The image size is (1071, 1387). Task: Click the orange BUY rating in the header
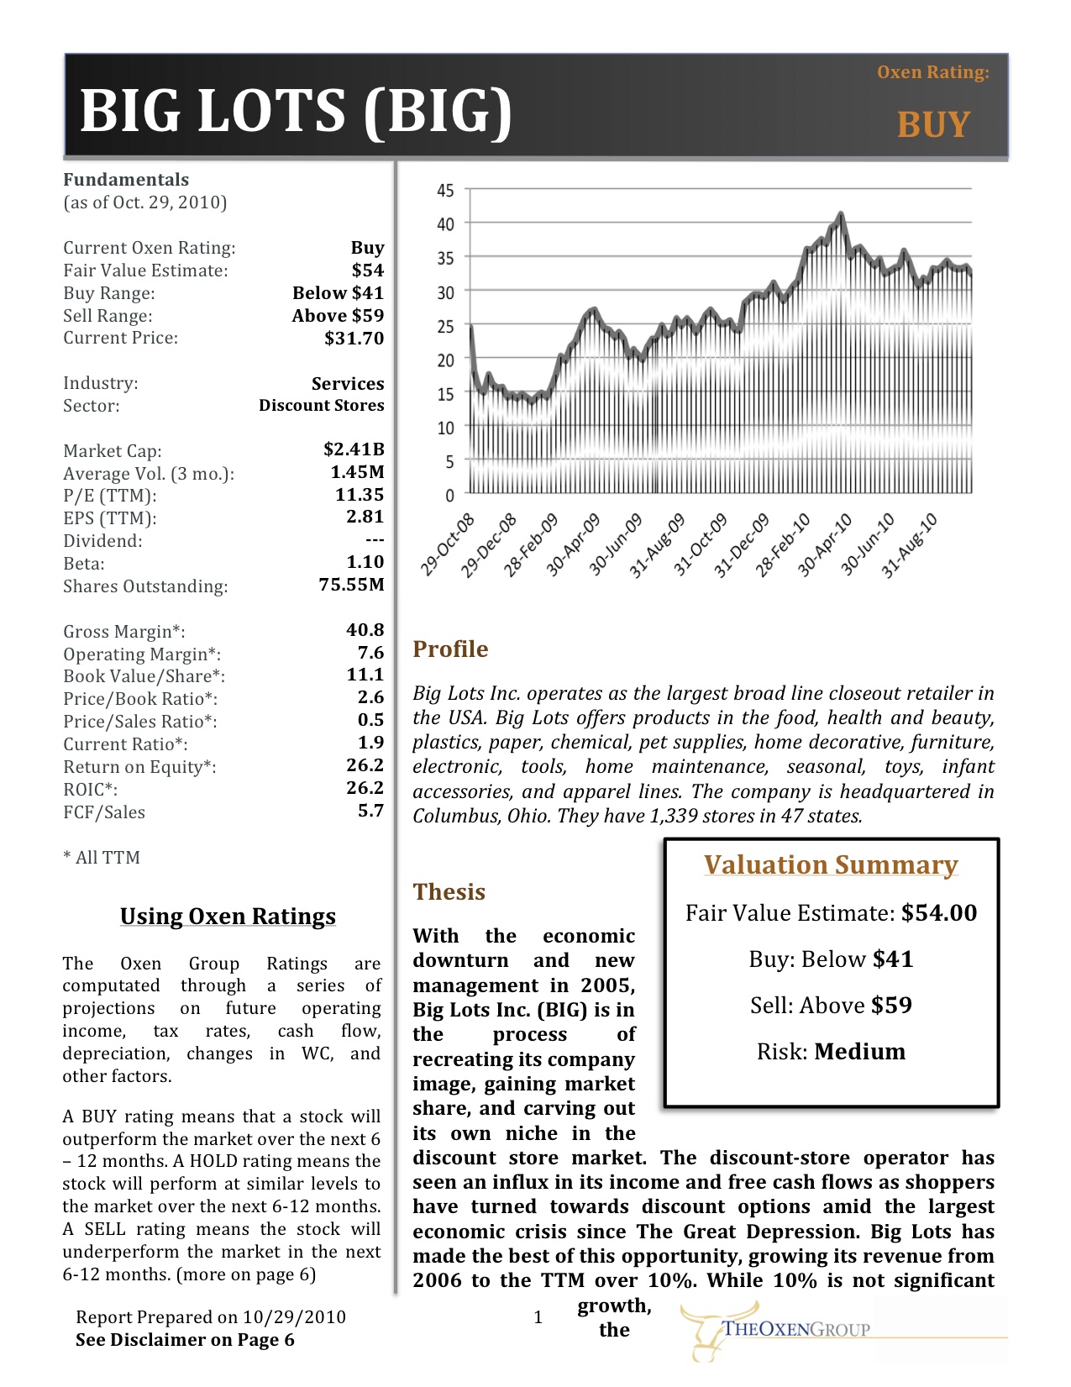coord(933,124)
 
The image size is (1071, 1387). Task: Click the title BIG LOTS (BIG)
coord(296,111)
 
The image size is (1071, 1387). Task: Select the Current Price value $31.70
coord(354,339)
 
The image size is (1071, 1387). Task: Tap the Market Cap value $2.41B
coord(354,449)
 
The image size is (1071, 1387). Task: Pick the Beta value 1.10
coord(365,562)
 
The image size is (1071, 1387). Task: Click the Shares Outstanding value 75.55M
coord(351,585)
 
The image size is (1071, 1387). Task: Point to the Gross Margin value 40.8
coord(365,630)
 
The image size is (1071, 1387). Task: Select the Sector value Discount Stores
coord(321,406)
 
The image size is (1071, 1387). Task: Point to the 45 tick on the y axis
coord(445,191)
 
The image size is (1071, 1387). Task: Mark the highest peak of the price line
coord(842,214)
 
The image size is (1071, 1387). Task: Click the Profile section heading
coord(450,649)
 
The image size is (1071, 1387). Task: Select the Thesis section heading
coord(449,892)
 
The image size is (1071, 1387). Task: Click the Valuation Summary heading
coord(831,865)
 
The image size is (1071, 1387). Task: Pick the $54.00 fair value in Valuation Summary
coord(939,913)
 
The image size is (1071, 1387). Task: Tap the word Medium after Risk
coord(860,1052)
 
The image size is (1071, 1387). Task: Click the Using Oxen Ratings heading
coord(228,917)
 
